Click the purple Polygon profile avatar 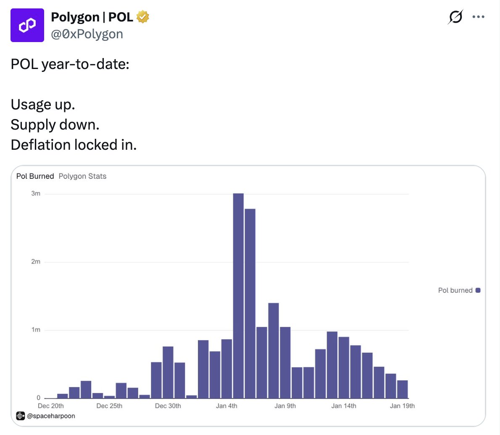click(27, 25)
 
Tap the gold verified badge click(143, 17)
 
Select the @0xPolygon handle click(87, 34)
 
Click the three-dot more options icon click(478, 17)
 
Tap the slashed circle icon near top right click(455, 17)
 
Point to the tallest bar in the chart click(238, 294)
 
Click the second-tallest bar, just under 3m click(250, 303)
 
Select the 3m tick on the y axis click(36, 194)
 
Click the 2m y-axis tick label click(36, 262)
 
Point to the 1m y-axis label click(36, 330)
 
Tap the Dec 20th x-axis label click(51, 406)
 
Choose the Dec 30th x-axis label click(168, 406)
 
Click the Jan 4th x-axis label click(226, 406)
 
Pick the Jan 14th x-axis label click(344, 406)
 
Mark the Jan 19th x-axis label click(402, 406)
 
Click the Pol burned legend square click(478, 290)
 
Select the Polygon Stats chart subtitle click(82, 176)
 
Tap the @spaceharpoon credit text click(51, 416)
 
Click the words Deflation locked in click(74, 145)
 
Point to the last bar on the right click(403, 389)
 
